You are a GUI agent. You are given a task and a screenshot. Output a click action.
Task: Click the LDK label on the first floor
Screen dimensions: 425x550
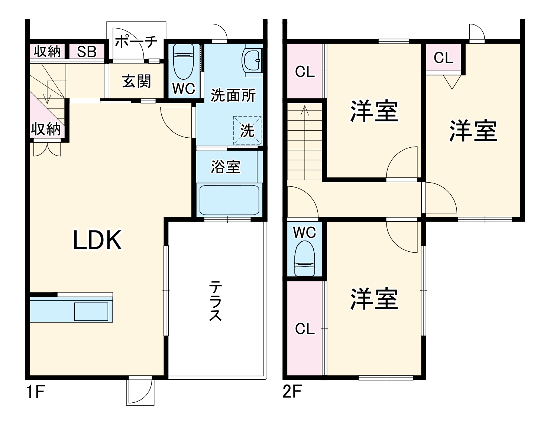(97, 240)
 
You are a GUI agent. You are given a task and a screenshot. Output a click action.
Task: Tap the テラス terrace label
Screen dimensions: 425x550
(216, 301)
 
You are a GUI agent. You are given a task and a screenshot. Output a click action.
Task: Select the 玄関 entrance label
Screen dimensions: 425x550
(136, 81)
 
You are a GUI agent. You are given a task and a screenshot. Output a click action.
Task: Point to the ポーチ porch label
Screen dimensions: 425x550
(136, 41)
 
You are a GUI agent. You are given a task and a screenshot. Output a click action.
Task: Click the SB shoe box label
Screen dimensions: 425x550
(87, 52)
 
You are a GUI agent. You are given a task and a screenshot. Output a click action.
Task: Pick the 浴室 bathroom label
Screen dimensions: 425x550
(226, 167)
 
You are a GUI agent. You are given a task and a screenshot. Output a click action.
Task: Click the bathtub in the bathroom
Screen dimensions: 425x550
(229, 200)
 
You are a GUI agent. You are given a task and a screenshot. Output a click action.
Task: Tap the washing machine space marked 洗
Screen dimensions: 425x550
(247, 130)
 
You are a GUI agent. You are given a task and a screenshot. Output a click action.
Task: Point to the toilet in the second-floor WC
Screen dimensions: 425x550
(304, 258)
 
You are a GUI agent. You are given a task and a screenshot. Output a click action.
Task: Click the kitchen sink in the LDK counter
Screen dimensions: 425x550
(91, 311)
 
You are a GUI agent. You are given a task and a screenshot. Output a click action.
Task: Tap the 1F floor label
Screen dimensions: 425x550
(36, 392)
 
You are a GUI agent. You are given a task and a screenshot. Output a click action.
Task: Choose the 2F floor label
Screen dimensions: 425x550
(292, 392)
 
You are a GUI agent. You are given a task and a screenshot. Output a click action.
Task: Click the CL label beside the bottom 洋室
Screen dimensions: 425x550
(305, 328)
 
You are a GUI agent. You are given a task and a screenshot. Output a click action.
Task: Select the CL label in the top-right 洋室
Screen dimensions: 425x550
(443, 58)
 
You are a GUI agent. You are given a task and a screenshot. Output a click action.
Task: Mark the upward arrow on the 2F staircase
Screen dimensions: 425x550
(305, 111)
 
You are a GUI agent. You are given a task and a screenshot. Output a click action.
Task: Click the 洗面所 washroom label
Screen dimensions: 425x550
(233, 95)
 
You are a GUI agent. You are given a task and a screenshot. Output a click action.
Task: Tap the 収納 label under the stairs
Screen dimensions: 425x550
(46, 129)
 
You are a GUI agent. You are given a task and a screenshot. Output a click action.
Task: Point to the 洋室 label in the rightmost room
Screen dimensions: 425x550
(473, 131)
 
